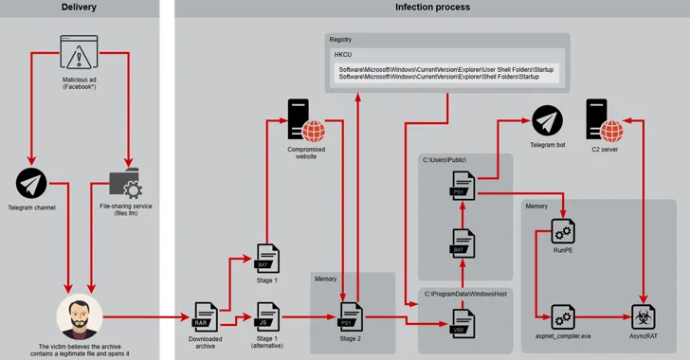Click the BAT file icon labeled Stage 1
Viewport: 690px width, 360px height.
268,257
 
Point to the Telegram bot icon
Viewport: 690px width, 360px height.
547,121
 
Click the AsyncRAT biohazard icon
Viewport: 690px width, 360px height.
645,315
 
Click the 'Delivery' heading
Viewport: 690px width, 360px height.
79,8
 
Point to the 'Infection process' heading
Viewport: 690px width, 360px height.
432,8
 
